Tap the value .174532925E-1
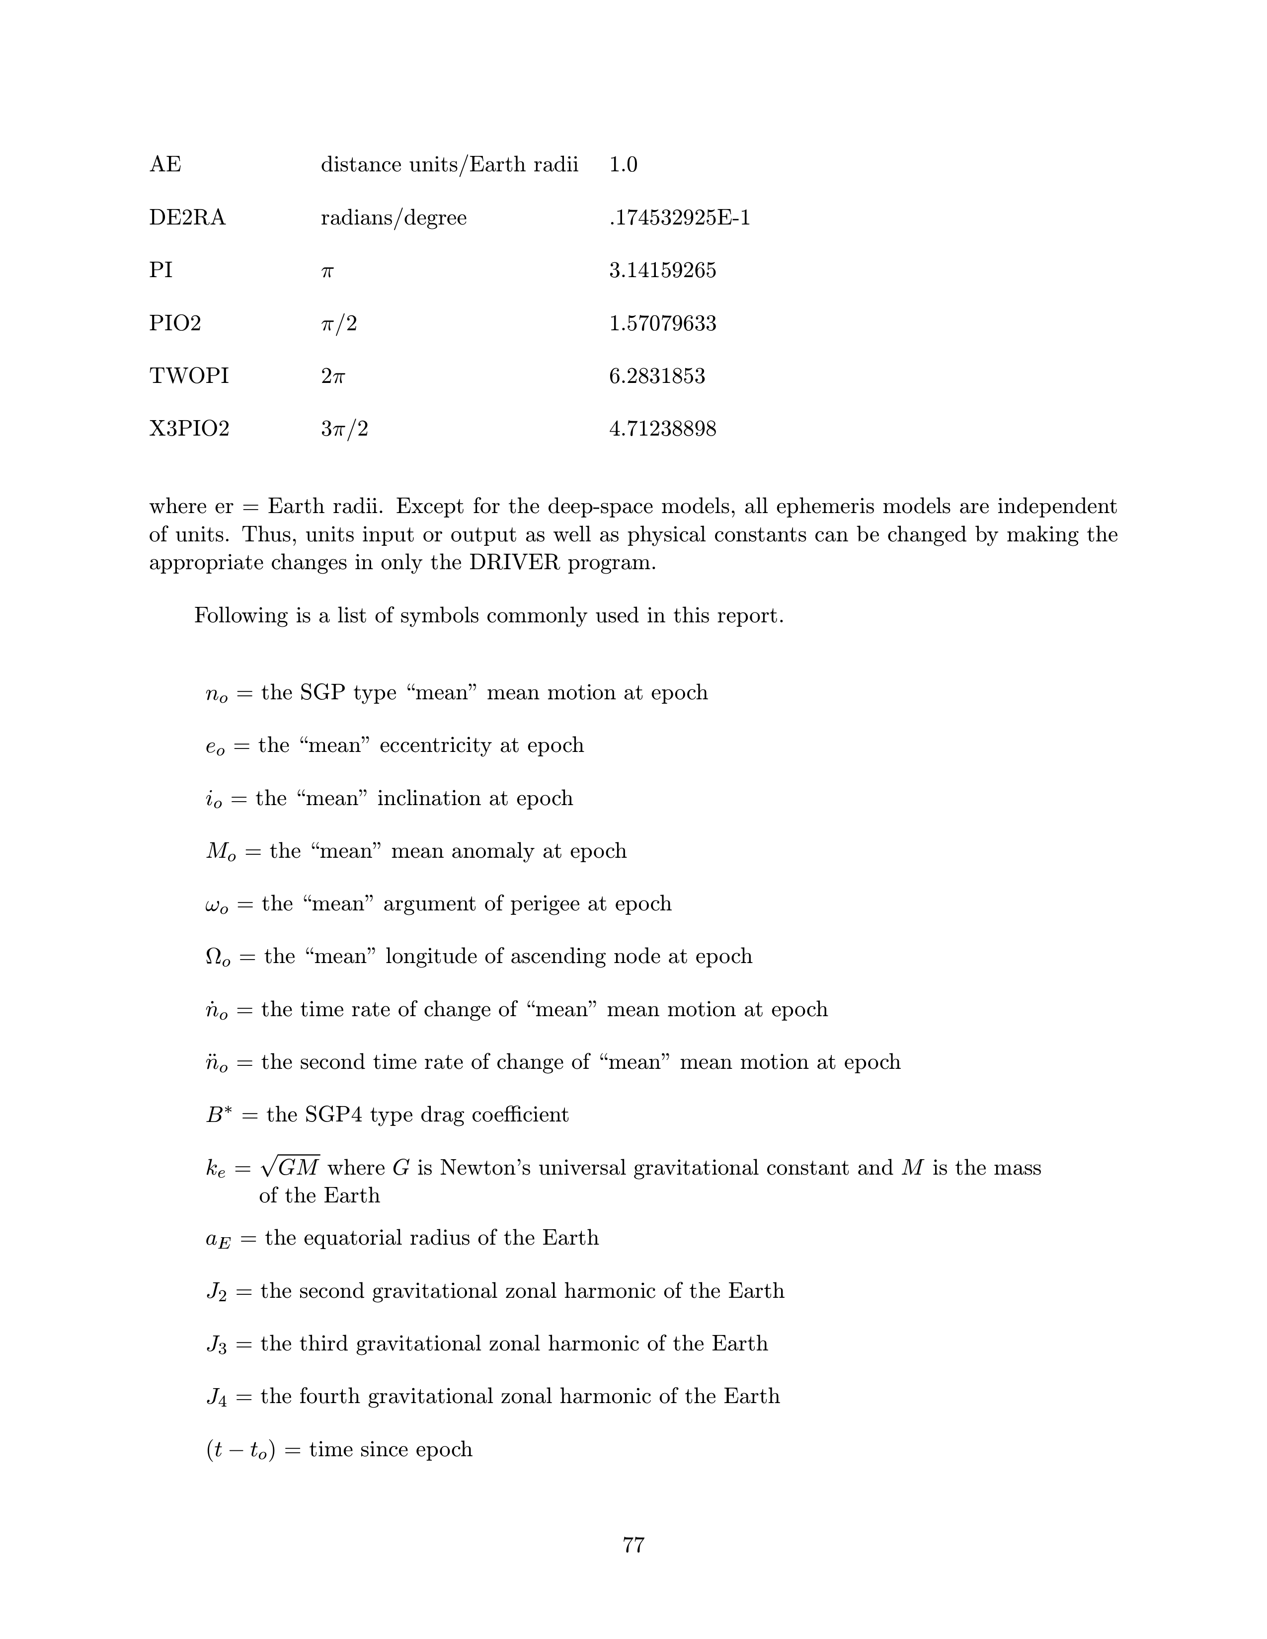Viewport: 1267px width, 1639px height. coord(679,219)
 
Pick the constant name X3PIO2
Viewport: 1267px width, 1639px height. coord(189,429)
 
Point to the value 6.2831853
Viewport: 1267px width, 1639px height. coord(657,376)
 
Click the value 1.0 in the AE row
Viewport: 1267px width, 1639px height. coord(623,164)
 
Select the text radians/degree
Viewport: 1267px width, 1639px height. coord(394,219)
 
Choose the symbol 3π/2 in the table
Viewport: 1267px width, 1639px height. coord(344,429)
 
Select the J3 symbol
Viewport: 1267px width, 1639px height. coord(216,1344)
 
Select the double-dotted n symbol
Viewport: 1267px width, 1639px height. coord(216,1063)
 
